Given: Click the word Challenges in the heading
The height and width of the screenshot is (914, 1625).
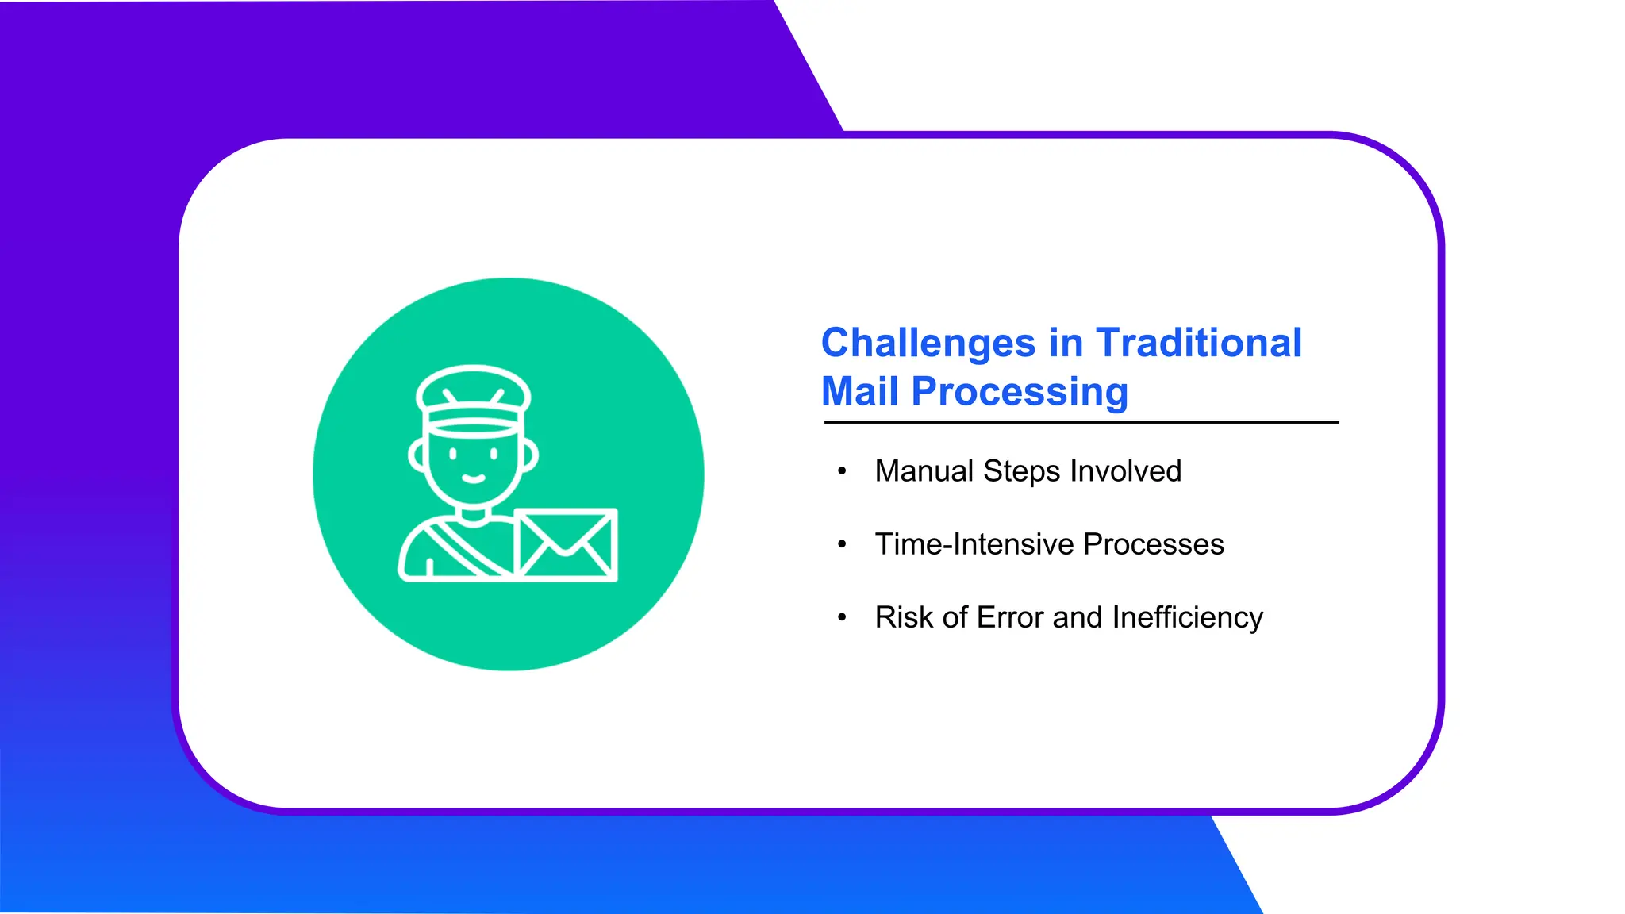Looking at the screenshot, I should pyautogui.click(x=928, y=344).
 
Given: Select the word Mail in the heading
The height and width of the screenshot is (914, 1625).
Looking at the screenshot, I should pyautogui.click(x=860, y=392).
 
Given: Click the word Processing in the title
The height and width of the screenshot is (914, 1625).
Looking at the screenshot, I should pyautogui.click(x=1020, y=392).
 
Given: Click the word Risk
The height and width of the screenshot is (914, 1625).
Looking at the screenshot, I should pyautogui.click(x=904, y=617).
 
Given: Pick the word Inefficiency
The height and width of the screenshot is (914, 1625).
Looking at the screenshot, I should pyautogui.click(x=1187, y=617).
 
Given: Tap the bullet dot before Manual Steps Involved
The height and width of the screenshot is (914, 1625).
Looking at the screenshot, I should pyautogui.click(x=842, y=471).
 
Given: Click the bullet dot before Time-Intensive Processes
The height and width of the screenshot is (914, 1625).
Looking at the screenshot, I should pyautogui.click(x=842, y=544).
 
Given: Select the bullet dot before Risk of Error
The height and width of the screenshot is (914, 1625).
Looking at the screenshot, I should pyautogui.click(x=842, y=617).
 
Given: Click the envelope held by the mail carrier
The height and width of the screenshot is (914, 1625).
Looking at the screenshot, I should pyautogui.click(x=566, y=545).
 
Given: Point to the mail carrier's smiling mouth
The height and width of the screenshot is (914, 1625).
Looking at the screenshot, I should pyautogui.click(x=474, y=479).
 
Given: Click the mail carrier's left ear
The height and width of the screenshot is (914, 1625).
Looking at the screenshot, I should pyautogui.click(x=417, y=455).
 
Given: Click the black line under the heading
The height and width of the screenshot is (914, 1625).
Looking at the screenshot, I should pyautogui.click(x=1081, y=423).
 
